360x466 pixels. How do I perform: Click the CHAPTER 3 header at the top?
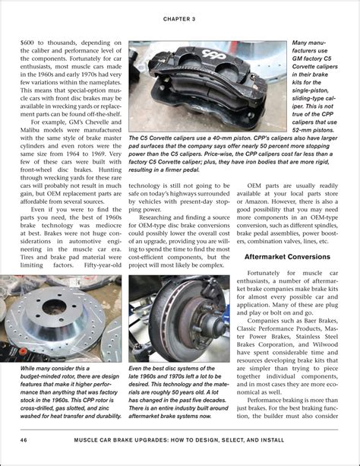pos(179,17)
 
